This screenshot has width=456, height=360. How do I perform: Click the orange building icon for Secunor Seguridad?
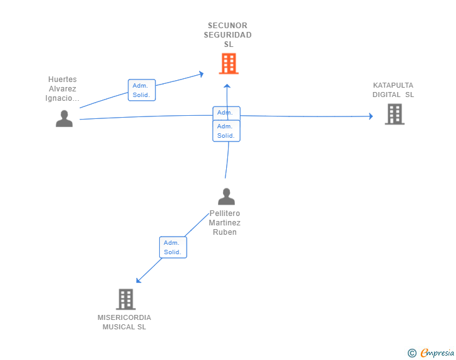coord(229,63)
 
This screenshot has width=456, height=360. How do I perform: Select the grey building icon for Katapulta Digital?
coord(395,114)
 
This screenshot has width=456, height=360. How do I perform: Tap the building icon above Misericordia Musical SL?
coord(126,299)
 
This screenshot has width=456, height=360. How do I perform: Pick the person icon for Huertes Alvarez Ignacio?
coord(64,118)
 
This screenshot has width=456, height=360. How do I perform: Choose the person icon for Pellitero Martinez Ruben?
coord(226,197)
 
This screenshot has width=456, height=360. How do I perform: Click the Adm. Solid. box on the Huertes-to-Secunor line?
coord(142,90)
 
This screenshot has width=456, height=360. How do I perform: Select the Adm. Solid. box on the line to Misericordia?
coord(173,247)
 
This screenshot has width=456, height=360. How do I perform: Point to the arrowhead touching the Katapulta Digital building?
coord(371,116)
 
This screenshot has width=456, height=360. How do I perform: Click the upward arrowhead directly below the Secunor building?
coord(227,86)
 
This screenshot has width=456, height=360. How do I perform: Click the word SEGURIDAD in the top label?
coord(228,35)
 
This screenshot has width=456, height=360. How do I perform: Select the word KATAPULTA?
coord(393,85)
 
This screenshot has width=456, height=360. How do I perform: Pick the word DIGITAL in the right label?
coord(386,95)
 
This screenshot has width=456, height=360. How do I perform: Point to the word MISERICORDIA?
coord(125,317)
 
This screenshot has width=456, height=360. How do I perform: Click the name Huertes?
coord(63,80)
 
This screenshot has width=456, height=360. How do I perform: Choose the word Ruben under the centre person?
coord(224,232)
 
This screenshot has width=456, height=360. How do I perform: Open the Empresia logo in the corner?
coord(437,352)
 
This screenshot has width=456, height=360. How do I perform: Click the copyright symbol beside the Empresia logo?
coord(412,353)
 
